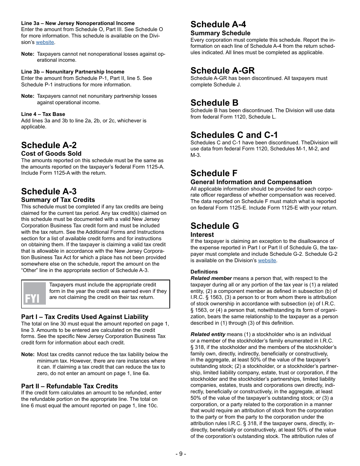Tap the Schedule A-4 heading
click(x=218, y=25)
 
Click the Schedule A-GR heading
click(x=222, y=70)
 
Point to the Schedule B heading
click(x=214, y=103)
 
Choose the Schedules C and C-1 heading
click(x=234, y=135)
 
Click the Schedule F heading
click(x=214, y=173)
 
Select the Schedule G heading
click(x=215, y=226)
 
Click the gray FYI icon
click(x=34, y=294)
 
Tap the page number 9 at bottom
click(x=181, y=454)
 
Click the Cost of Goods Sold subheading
click(x=51, y=153)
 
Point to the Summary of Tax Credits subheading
click(x=58, y=200)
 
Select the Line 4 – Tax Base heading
click(x=43, y=114)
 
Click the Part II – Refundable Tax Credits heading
click(x=69, y=386)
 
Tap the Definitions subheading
click(x=204, y=272)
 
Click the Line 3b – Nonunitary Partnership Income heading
click(x=73, y=72)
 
